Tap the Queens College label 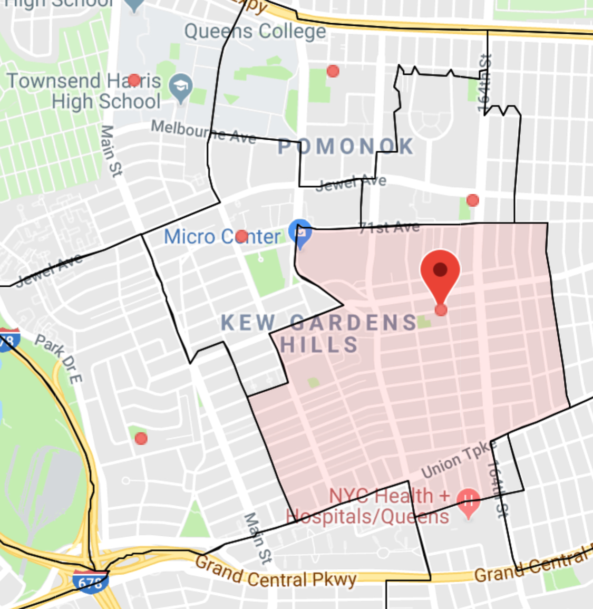tap(255, 32)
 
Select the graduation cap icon tap(181, 86)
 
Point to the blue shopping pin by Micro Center tap(300, 233)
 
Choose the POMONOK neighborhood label tap(346, 147)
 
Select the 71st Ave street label tap(390, 228)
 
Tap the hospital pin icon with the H tap(468, 501)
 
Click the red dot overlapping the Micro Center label tap(241, 236)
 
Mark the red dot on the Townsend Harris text tap(134, 80)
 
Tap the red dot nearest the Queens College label tap(333, 71)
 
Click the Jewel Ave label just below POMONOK tap(351, 183)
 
